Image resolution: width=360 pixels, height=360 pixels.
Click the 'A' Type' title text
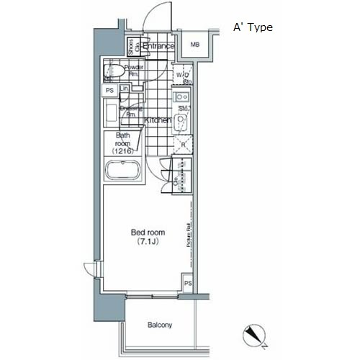tap(252, 27)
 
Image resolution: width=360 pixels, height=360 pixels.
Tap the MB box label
tap(194, 46)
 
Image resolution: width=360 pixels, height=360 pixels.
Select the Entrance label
tap(158, 47)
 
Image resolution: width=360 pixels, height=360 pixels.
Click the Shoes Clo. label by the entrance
tap(132, 48)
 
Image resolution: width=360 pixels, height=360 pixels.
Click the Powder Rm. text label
tap(135, 70)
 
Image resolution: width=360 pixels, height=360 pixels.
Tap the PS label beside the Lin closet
tap(109, 90)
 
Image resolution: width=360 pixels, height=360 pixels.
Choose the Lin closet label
tap(124, 89)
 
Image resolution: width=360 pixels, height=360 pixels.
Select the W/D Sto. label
tap(183, 77)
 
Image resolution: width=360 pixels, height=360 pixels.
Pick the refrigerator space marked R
tap(184, 145)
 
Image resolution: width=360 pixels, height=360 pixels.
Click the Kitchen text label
tap(158, 121)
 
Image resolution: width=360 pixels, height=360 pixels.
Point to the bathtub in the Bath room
tap(122, 172)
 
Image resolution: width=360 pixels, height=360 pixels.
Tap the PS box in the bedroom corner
tap(186, 283)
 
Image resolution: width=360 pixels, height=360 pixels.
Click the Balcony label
tap(160, 325)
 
